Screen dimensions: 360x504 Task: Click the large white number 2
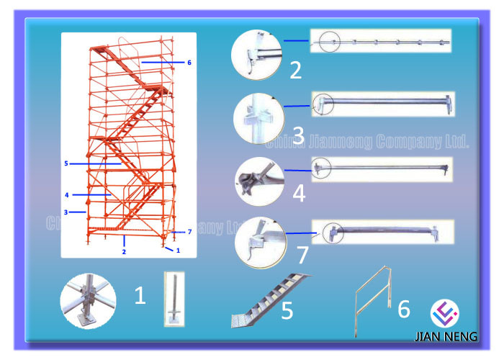point(295,70)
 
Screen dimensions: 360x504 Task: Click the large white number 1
point(140,295)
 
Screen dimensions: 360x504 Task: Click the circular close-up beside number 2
point(256,55)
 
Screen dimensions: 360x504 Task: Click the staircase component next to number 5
point(270,300)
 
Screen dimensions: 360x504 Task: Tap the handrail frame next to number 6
point(374,300)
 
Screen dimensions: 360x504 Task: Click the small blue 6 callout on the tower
point(189,63)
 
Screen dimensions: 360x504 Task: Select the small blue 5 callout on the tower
point(66,164)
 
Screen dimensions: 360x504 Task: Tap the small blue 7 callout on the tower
point(189,232)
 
